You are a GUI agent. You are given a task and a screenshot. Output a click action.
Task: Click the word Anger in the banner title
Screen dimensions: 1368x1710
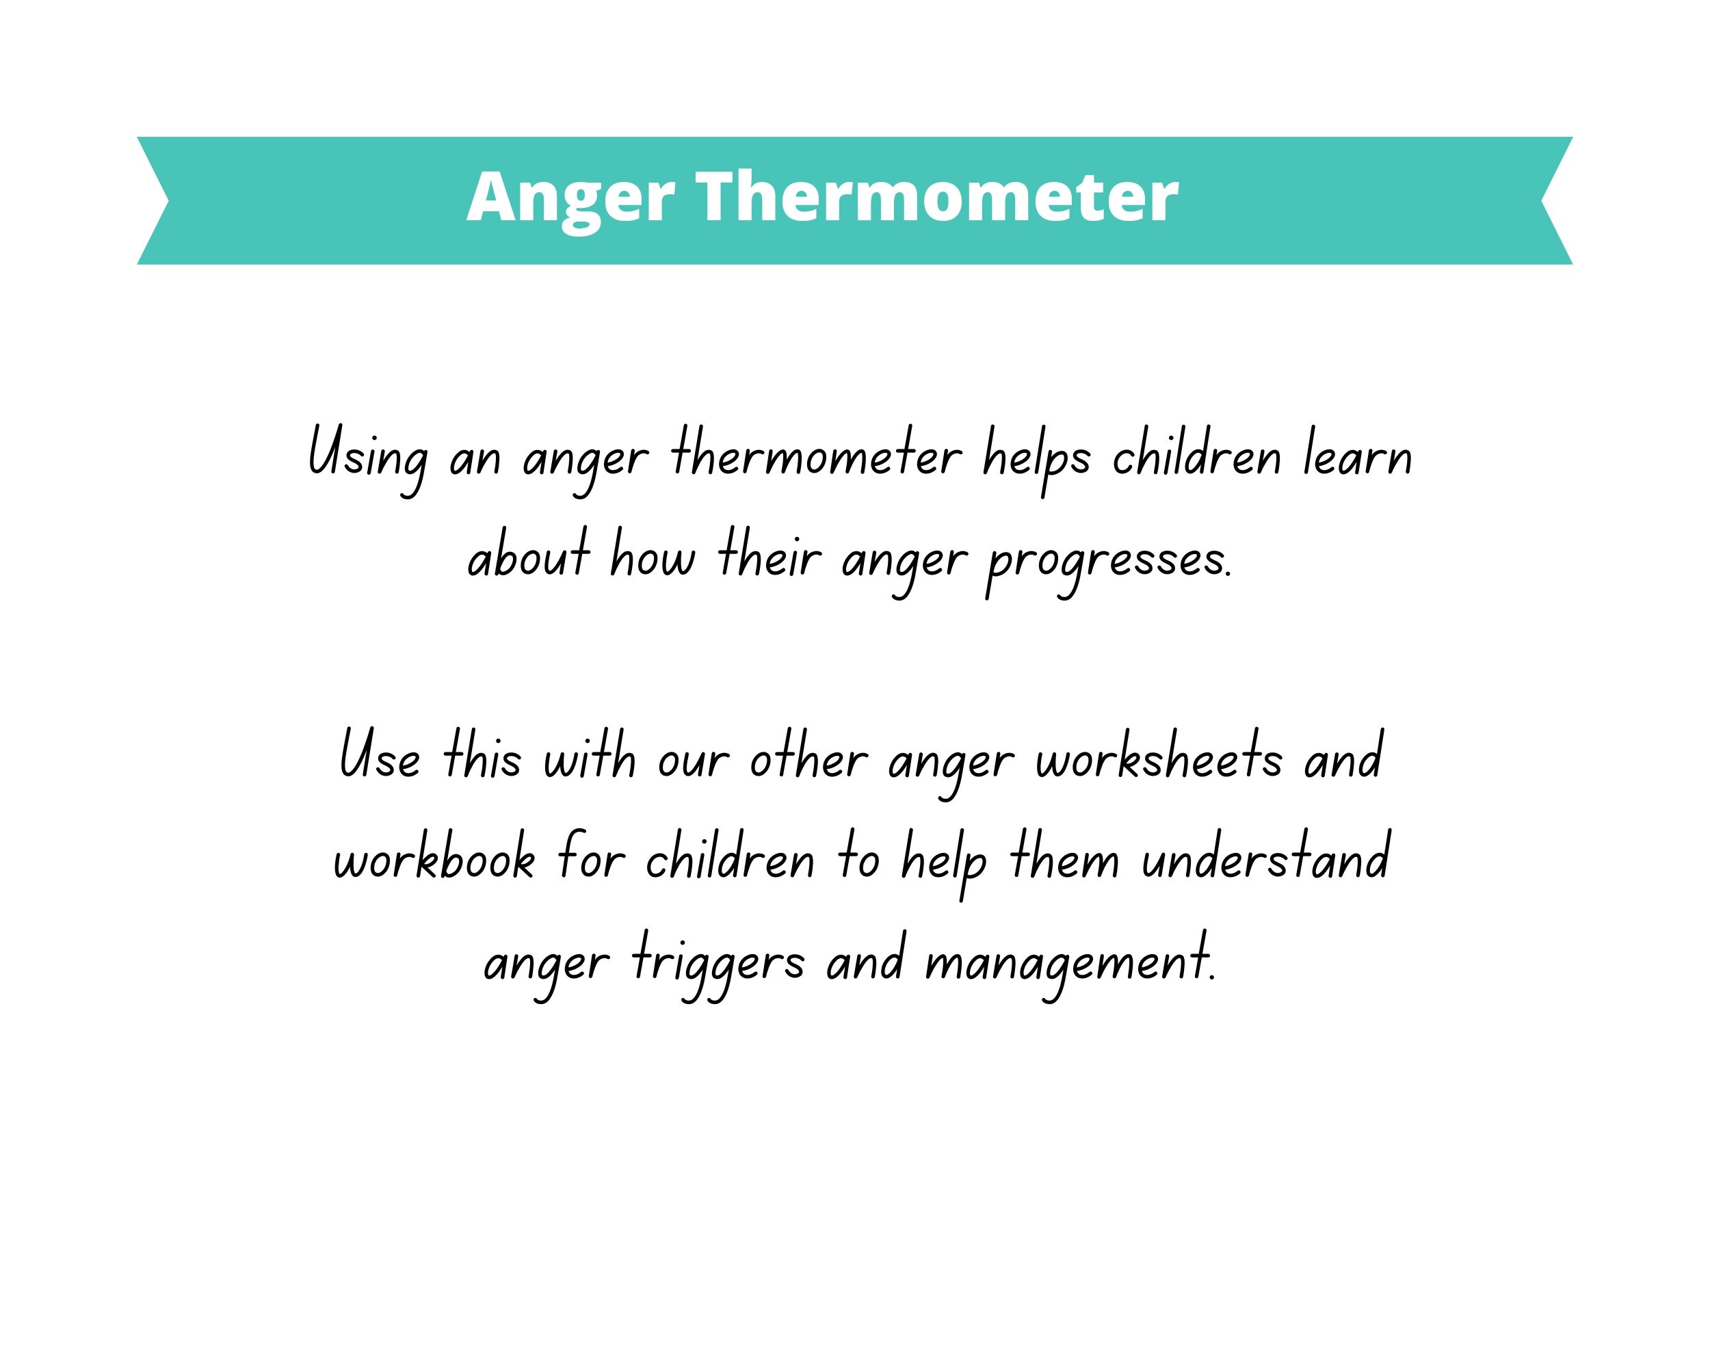(570, 198)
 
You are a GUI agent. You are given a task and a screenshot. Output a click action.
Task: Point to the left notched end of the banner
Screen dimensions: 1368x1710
(154, 200)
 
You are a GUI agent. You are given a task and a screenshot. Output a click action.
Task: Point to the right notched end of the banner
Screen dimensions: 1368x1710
(1555, 200)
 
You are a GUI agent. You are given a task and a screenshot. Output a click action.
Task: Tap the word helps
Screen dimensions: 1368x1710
(1037, 459)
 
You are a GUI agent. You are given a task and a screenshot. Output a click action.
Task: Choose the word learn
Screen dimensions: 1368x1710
(1358, 457)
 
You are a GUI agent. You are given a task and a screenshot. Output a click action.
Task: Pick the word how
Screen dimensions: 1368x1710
(652, 557)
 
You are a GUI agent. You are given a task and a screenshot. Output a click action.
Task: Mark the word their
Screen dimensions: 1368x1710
(769, 557)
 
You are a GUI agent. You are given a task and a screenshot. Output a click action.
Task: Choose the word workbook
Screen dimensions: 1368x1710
(434, 860)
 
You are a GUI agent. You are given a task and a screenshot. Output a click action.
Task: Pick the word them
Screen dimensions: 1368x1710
(1064, 860)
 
